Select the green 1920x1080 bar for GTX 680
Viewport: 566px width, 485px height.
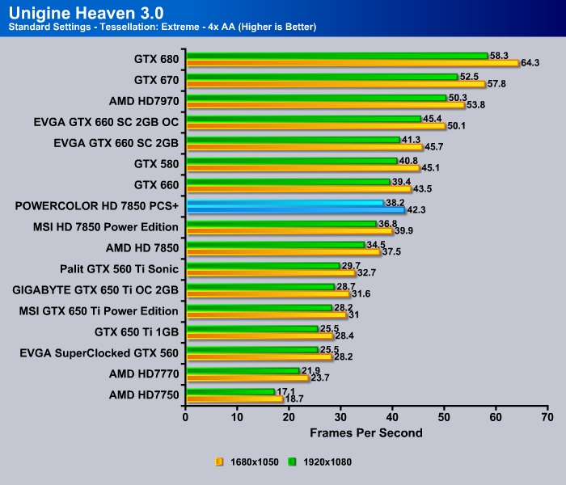click(x=336, y=56)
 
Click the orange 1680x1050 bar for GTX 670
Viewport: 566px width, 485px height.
click(x=335, y=83)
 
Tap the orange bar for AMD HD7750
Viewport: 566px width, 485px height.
click(x=234, y=399)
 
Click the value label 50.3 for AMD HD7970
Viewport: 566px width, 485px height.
click(x=457, y=98)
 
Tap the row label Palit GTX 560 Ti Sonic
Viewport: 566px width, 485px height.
click(x=119, y=268)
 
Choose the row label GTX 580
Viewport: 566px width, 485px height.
click(x=156, y=163)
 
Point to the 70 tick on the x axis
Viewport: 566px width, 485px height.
click(x=547, y=417)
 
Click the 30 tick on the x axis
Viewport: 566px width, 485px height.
click(x=340, y=417)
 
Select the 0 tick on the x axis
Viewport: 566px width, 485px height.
click(x=186, y=417)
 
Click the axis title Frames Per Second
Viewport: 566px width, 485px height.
click(x=365, y=433)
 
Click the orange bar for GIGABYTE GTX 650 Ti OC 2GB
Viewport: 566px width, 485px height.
click(x=268, y=293)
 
